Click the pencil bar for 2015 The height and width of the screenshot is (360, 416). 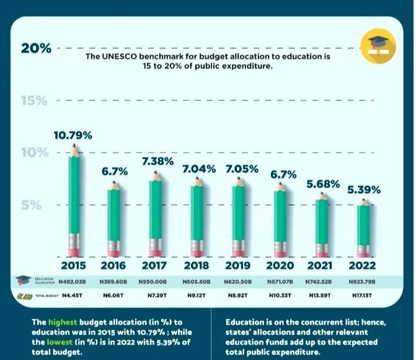coord(74,200)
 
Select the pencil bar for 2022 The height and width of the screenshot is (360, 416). coord(363,228)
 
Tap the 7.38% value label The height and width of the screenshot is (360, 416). coord(158,161)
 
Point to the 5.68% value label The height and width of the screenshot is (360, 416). coord(323,184)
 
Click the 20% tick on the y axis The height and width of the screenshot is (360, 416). coord(36,48)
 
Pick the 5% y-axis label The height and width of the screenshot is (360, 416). coord(31,205)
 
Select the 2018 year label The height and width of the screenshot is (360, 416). coord(197,266)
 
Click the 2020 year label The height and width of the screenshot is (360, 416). coord(280,266)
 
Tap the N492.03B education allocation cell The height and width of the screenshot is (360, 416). coord(72,281)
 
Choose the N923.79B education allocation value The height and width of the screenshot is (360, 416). coord(362,281)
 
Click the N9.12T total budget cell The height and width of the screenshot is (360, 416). coord(197,295)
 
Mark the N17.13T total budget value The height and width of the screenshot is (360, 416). coord(362,295)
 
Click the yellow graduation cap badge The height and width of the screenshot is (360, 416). coord(378,46)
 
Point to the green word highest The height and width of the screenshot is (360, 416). coord(63,322)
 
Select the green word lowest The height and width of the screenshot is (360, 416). coord(60,342)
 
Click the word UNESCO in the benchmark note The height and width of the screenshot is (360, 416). coord(120,56)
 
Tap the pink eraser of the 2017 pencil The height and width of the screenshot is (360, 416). coord(155,253)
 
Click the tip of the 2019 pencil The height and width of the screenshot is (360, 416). coord(239,178)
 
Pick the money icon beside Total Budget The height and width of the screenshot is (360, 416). coord(25,296)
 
